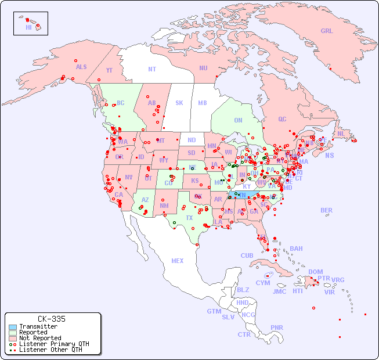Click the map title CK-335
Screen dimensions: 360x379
(x=51, y=319)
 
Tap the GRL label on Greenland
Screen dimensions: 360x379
(x=327, y=31)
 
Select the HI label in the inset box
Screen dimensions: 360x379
(x=28, y=27)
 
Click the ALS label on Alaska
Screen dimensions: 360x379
(x=81, y=67)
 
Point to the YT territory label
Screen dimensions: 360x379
(x=109, y=70)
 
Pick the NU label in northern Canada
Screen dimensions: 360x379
(x=203, y=68)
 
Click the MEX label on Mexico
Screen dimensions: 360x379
(x=178, y=261)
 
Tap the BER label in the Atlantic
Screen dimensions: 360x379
(x=327, y=210)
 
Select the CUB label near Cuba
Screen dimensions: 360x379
(x=247, y=255)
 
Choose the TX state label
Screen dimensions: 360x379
(x=189, y=218)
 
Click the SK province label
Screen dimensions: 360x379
(x=179, y=103)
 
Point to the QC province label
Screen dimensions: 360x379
(x=282, y=120)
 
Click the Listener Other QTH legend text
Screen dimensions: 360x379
(x=50, y=350)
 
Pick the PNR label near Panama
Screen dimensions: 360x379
(x=277, y=327)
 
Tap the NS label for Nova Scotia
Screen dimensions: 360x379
(x=330, y=156)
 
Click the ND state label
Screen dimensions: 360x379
(x=192, y=140)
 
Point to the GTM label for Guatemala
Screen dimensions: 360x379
(x=214, y=311)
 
